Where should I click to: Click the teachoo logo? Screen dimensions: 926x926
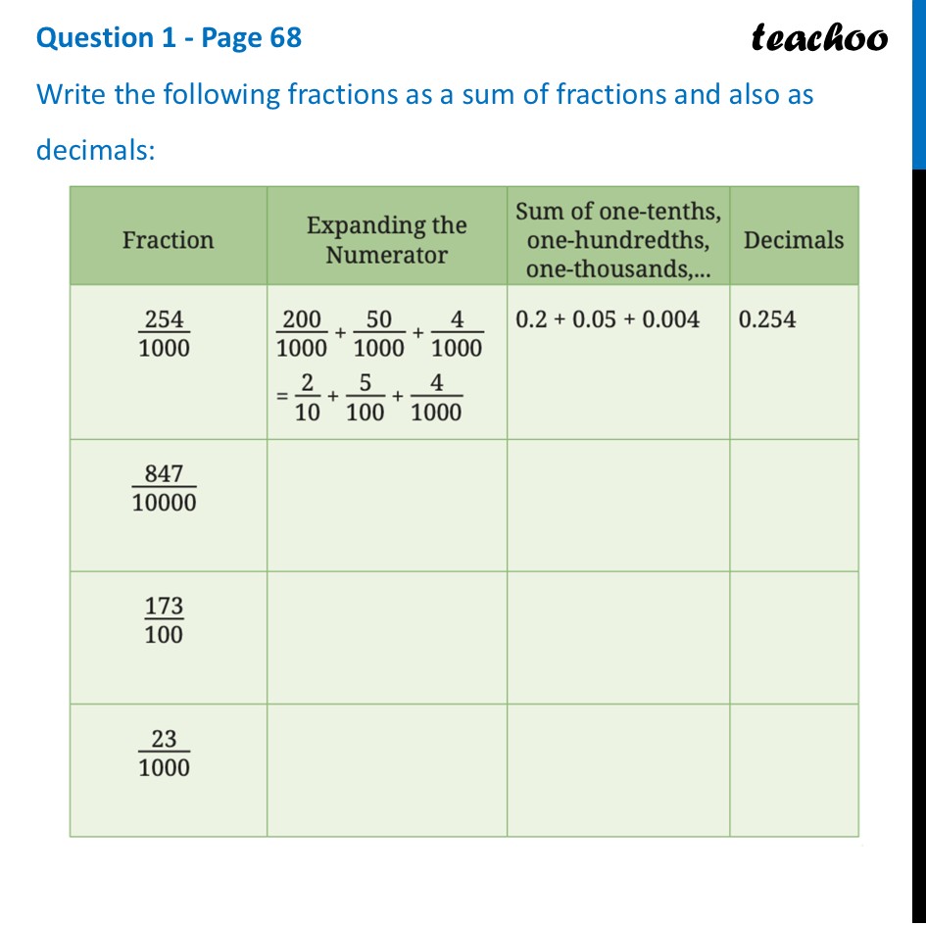point(819,38)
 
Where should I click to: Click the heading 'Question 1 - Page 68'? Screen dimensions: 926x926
point(169,38)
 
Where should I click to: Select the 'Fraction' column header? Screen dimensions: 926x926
point(168,240)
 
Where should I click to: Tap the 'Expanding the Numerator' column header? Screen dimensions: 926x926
point(386,240)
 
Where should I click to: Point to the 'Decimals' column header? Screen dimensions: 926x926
point(793,240)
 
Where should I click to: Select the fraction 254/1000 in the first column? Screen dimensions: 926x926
point(165,334)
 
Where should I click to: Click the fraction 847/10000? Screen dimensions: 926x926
point(165,488)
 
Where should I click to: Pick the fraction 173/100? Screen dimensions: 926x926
point(164,620)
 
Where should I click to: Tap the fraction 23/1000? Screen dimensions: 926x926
point(165,754)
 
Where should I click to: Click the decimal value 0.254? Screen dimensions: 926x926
point(767,319)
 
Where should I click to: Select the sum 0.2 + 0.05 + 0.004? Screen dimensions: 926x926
point(608,319)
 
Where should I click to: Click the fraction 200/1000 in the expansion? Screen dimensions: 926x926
point(302,334)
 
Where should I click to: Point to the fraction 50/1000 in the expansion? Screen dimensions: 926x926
point(379,334)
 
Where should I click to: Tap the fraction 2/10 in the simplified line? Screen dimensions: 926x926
point(308,398)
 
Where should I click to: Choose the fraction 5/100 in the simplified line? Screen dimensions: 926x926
point(366,398)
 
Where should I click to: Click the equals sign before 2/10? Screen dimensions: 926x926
point(280,398)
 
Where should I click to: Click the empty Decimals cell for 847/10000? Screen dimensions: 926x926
point(793,505)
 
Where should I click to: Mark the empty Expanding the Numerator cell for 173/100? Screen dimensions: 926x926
point(386,637)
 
